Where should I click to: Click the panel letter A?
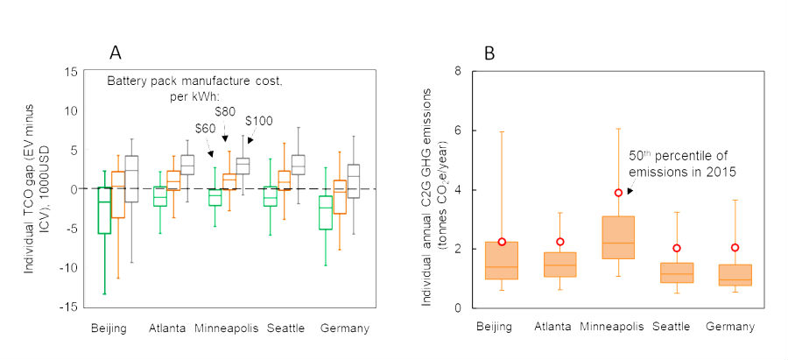(x=114, y=52)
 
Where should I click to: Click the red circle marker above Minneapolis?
(x=619, y=193)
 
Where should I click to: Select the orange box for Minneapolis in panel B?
(x=619, y=236)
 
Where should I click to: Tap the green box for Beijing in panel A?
(x=104, y=210)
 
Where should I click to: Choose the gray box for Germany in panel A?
(x=353, y=181)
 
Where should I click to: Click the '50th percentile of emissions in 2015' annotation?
(x=682, y=162)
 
